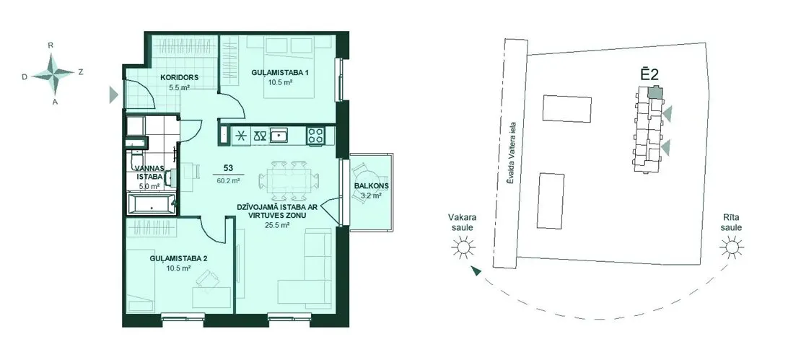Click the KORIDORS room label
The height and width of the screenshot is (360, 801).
pos(179,78)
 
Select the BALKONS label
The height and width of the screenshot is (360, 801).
pos(371,186)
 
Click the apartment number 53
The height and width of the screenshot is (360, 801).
pos(229,168)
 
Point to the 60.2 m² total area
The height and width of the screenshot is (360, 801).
pos(229,180)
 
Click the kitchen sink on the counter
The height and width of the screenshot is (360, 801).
pos(280,136)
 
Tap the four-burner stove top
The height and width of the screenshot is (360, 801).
pos(315,136)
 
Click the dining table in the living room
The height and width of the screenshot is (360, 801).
pos(289,181)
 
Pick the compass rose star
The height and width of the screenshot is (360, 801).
pos(53,74)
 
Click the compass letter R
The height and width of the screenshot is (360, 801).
pos(51,45)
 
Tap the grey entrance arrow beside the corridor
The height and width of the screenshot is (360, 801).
pos(113,95)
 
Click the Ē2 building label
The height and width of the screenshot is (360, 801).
pos(649,74)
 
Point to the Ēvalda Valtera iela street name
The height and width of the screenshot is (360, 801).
pos(513,157)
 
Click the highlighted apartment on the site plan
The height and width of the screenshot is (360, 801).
pos(655,92)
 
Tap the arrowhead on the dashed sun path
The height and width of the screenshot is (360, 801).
pos(476,271)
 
